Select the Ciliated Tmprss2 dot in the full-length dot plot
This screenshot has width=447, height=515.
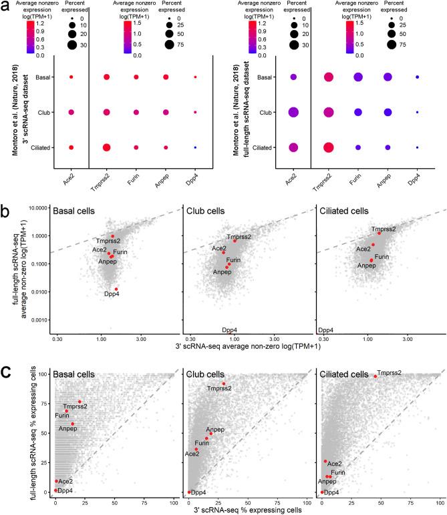pos(328,147)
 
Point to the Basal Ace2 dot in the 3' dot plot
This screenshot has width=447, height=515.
pos(71,78)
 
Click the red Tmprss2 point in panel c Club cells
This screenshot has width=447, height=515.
pos(223,384)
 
